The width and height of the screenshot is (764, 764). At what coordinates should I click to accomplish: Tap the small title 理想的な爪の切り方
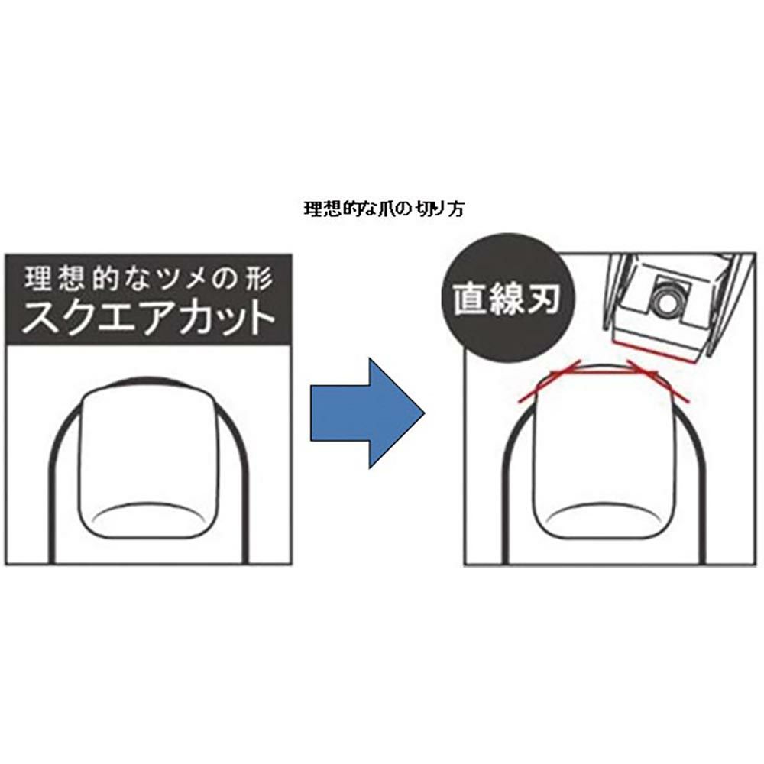coord(384,209)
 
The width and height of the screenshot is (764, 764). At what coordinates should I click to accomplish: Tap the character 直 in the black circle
coord(471,299)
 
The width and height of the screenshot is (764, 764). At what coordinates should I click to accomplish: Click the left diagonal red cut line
coord(548,382)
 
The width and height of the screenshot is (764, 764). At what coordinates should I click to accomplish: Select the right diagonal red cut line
coord(659,382)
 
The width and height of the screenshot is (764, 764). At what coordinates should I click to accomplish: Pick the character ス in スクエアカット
coord(40,319)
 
